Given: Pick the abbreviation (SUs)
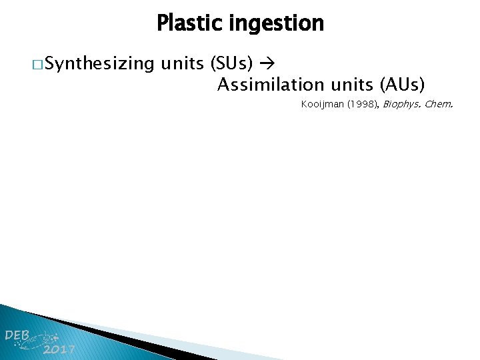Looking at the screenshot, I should (x=231, y=64).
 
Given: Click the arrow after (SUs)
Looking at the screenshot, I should (x=269, y=65).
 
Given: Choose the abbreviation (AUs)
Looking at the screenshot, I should (x=402, y=85).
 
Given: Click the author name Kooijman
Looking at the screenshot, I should (x=321, y=105).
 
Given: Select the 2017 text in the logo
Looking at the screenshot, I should (x=59, y=350).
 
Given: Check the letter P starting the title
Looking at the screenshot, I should (x=162, y=24).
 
